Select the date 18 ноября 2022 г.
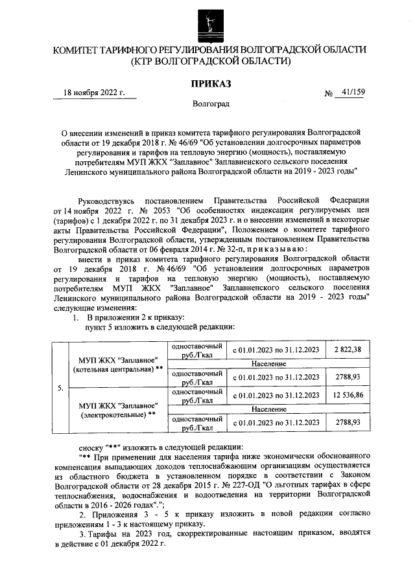coord(93,93)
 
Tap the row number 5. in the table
coord(60,389)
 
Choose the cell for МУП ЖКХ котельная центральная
coord(117,365)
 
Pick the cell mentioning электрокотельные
coord(117,409)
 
